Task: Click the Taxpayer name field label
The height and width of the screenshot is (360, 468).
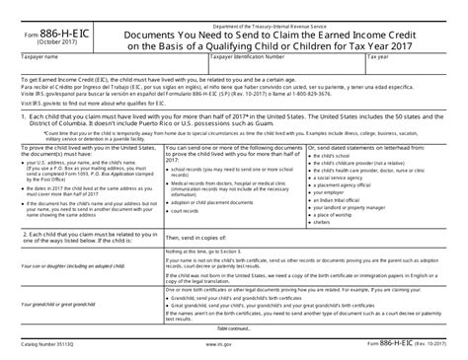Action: [39, 58]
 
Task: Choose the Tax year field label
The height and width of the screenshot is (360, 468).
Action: [380, 58]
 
